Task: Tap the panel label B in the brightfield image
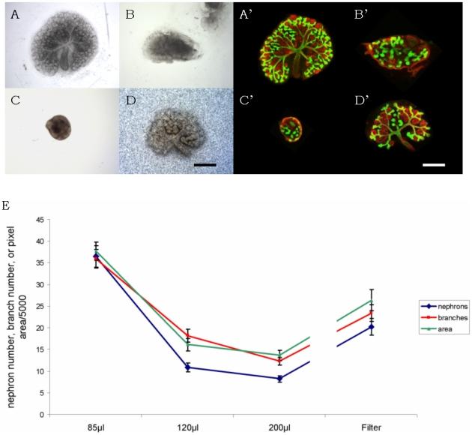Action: (130, 13)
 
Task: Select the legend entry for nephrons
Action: (441, 306)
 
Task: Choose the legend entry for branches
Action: (441, 318)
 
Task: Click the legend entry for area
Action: (441, 329)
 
